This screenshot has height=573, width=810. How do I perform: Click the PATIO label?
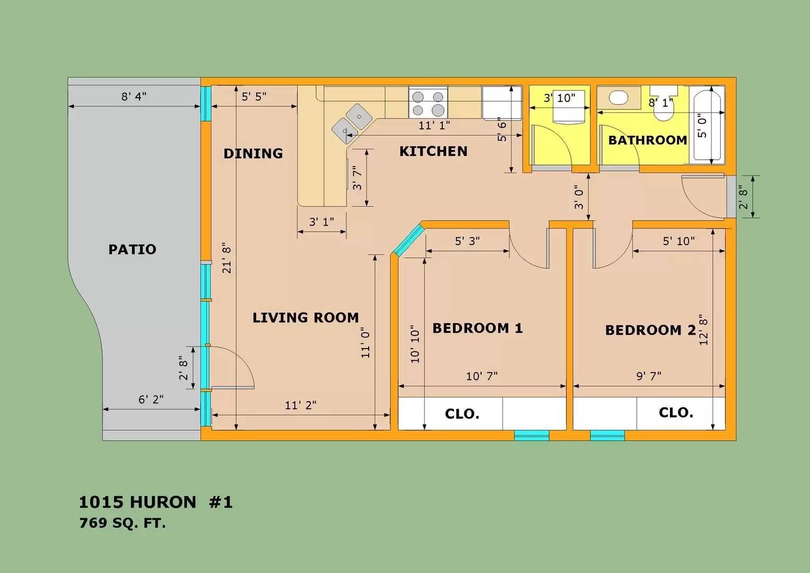tap(133, 249)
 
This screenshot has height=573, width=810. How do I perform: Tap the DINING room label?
tap(253, 153)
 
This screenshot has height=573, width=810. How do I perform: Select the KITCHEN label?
tap(433, 151)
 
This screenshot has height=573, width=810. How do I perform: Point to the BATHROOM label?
tap(648, 140)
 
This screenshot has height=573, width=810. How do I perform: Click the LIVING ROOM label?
tap(306, 318)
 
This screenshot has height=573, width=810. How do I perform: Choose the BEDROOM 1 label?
tap(478, 328)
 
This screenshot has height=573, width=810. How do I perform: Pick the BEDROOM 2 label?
tap(650, 330)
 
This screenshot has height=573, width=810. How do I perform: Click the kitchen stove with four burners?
tap(428, 102)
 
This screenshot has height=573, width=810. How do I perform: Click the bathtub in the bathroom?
tap(708, 125)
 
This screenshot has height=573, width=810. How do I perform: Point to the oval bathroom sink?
tap(619, 98)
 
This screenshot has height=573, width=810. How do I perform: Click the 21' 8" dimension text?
tap(227, 258)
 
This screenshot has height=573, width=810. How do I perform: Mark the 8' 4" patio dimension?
tap(134, 97)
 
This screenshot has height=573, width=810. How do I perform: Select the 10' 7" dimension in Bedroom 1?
tap(482, 376)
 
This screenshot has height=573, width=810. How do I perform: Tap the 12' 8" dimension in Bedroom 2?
tap(704, 330)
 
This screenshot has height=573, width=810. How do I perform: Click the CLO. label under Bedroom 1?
tap(462, 414)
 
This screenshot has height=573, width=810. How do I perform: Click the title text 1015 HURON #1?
tap(156, 502)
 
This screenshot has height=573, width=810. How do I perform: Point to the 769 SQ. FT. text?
tap(123, 523)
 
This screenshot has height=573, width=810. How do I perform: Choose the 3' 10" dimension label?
tap(560, 98)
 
